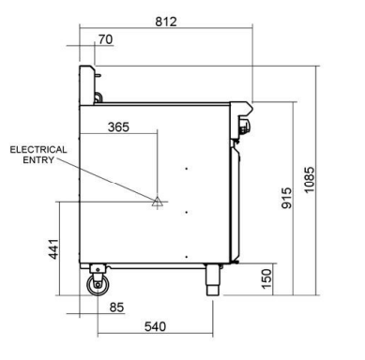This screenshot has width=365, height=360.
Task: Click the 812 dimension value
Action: click(x=166, y=22)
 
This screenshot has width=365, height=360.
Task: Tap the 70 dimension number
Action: click(x=105, y=39)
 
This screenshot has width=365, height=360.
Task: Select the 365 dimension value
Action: click(x=118, y=127)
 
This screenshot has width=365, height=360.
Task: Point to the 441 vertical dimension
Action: click(x=53, y=249)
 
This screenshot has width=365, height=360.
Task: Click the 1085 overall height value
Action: click(x=309, y=180)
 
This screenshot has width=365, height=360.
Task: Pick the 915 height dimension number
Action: click(x=286, y=198)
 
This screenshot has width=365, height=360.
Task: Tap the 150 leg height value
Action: click(x=266, y=278)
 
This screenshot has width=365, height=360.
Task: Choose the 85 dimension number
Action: click(x=117, y=307)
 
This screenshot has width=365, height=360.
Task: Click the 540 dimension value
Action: click(x=155, y=326)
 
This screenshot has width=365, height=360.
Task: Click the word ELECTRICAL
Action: click(x=38, y=150)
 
